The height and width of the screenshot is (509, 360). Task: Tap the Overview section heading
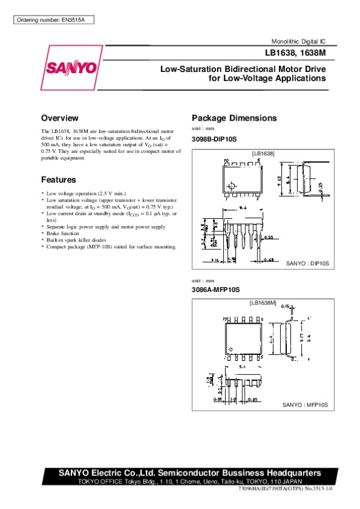59,118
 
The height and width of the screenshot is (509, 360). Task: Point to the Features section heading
58,180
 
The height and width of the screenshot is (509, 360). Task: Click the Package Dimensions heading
234,118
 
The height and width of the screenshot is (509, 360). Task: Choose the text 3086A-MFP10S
215,290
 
